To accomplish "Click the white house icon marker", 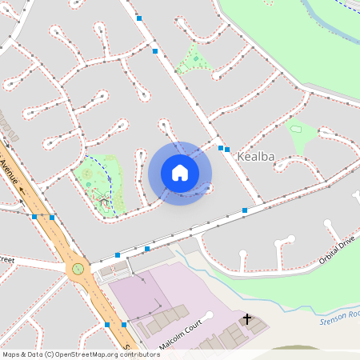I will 180,173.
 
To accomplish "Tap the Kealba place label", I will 256,158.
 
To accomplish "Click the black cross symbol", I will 247,319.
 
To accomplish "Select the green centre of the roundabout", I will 78,269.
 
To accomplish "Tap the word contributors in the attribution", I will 138,354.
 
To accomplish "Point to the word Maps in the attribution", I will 11,354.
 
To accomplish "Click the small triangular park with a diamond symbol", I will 192,59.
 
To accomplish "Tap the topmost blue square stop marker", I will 139,18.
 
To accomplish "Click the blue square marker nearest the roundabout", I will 118,254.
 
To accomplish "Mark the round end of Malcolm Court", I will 210,315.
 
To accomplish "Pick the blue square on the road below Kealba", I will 245,210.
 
